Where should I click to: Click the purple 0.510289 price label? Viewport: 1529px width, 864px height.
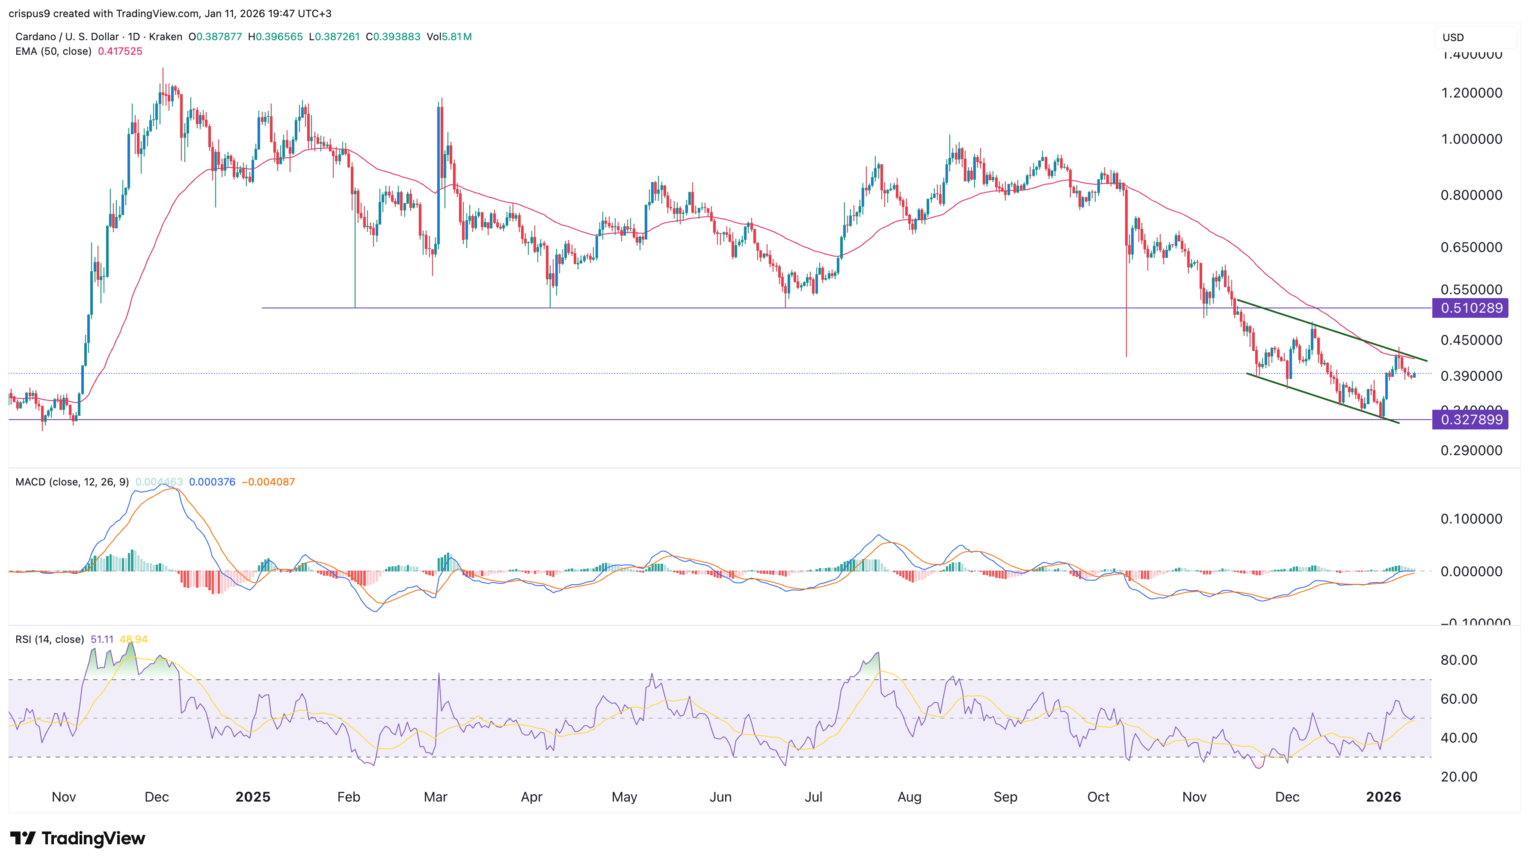1471,308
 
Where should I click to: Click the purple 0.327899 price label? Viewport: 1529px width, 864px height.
1471,420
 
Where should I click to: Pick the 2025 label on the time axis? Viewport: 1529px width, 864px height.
252,796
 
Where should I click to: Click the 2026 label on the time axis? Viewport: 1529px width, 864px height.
1383,796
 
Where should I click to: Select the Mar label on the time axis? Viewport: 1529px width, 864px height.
435,796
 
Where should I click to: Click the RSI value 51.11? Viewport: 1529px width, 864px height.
101,639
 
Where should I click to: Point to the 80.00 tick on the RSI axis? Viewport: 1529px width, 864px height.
1458,660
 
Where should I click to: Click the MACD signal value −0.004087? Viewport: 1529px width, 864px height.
268,482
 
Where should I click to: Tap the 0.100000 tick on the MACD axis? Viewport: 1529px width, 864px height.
1471,519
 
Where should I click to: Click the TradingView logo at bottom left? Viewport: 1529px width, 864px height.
77,838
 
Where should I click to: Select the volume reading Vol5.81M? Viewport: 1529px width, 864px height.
449,37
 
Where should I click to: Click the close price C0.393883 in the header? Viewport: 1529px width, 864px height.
392,37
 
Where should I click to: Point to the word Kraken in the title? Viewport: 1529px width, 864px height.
165,37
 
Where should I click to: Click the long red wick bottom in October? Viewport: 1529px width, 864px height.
1126,355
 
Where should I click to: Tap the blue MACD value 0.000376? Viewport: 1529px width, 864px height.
212,482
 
